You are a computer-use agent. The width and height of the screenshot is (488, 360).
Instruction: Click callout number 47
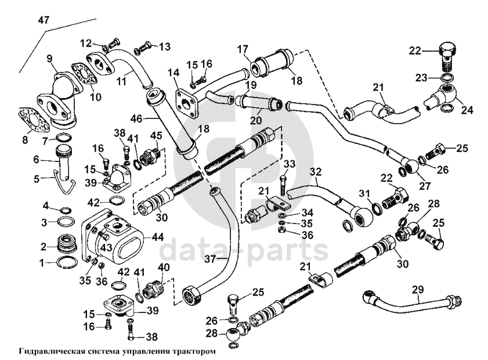[x=44, y=20]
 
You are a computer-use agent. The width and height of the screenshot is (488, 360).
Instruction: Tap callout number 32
[x=315, y=171]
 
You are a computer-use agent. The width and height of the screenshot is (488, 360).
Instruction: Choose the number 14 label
[x=173, y=73]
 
